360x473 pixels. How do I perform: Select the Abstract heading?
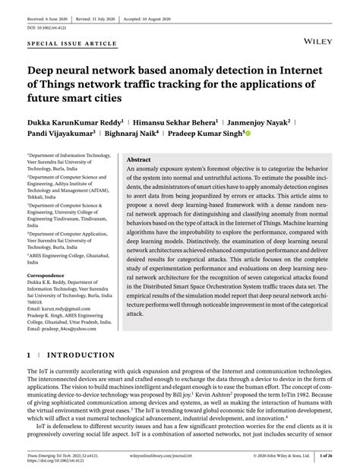138,160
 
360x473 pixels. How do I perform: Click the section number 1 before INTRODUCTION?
30,355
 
